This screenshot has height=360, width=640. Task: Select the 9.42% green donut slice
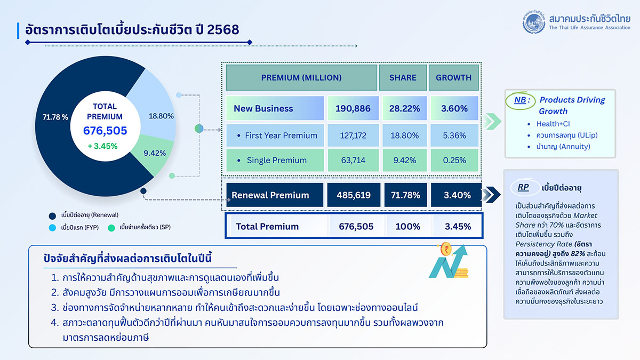pyautogui.click(x=155, y=153)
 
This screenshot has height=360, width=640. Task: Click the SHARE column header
pyautogui.click(x=403, y=78)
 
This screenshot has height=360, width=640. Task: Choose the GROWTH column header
pyautogui.click(x=454, y=78)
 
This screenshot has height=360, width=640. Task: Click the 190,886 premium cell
pyautogui.click(x=353, y=108)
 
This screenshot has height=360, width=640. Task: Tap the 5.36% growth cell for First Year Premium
pyautogui.click(x=454, y=135)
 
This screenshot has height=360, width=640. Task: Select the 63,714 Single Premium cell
pyautogui.click(x=353, y=161)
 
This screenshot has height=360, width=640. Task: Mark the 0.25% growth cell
pyautogui.click(x=454, y=161)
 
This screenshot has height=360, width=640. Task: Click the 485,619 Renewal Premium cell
pyautogui.click(x=353, y=195)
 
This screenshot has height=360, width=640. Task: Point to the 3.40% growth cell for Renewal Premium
pyautogui.click(x=456, y=195)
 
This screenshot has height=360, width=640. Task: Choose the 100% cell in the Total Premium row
pyautogui.click(x=408, y=226)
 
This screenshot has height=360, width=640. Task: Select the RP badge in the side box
pyautogui.click(x=523, y=188)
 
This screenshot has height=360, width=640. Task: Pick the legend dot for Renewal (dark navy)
pyautogui.click(x=52, y=215)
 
